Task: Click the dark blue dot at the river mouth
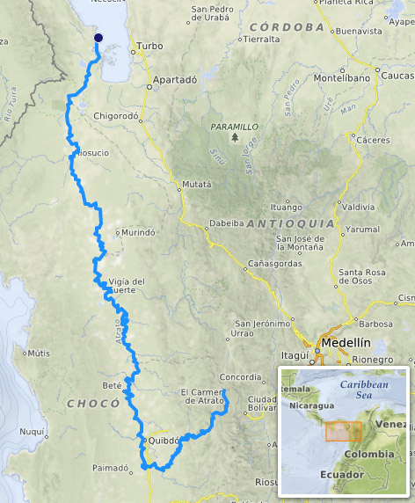(x=98, y=38)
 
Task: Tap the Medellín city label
(x=343, y=343)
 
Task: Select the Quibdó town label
(x=163, y=440)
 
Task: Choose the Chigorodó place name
(x=117, y=115)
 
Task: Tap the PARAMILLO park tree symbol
(x=234, y=137)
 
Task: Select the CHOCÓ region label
(x=92, y=403)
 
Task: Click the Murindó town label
(x=137, y=233)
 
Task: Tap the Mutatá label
(x=196, y=185)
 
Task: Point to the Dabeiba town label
(x=221, y=223)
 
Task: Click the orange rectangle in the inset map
(x=343, y=431)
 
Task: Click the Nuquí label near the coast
(x=32, y=432)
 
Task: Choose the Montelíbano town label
(x=333, y=78)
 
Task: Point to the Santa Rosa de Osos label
(x=362, y=276)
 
